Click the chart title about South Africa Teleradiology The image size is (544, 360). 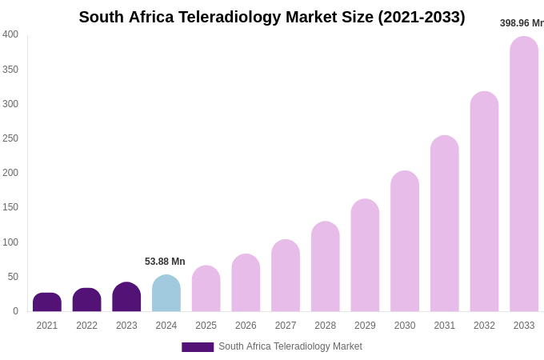click(271, 17)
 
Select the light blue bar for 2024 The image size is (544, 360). click(166, 294)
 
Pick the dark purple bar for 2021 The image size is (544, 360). click(47, 302)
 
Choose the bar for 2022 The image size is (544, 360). click(86, 300)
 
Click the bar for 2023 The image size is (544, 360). click(126, 297)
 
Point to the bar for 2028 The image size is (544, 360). click(325, 266)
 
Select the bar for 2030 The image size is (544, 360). click(405, 242)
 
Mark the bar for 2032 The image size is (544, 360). click(484, 202)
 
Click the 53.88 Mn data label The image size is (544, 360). click(165, 262)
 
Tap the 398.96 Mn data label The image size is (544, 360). click(522, 23)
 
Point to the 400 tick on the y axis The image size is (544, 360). click(10, 34)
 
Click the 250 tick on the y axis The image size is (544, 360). click(10, 138)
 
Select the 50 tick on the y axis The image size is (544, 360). click(13, 277)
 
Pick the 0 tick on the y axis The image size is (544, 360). click(15, 311)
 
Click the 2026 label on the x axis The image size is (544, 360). click(246, 326)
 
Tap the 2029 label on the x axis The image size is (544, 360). click(365, 326)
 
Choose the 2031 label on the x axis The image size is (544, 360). click(444, 326)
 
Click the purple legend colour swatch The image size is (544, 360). click(198, 347)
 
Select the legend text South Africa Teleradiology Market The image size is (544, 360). click(290, 346)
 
